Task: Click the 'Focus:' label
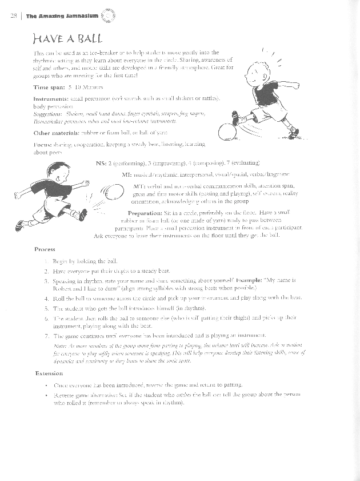coord(44,145)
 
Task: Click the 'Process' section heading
coord(45,249)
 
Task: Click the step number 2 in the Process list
coord(45,269)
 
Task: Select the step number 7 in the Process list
coord(45,333)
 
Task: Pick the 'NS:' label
coord(103,162)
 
